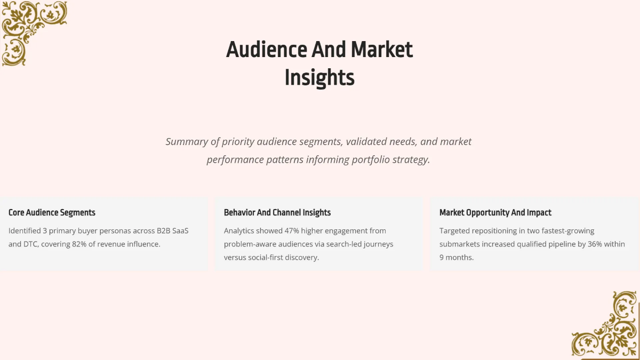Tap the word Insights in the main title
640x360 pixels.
tap(319, 77)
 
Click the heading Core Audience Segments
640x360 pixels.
tap(52, 212)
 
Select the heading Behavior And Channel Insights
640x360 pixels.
tap(277, 212)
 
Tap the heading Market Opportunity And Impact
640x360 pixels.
tap(495, 212)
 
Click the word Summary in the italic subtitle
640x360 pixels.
tap(186, 142)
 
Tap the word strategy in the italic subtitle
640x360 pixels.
tap(411, 159)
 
